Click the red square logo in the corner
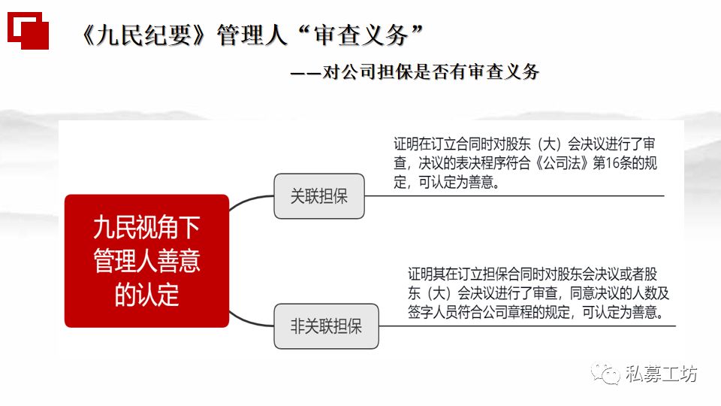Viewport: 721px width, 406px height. coord(28,29)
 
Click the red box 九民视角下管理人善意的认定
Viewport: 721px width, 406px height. coord(146,261)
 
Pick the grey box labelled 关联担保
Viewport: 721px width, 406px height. coord(318,196)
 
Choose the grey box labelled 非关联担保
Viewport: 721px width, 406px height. coord(326,326)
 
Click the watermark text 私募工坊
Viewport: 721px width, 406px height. coord(662,374)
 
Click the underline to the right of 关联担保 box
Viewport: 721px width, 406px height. coord(518,195)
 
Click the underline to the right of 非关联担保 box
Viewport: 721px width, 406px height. coord(526,326)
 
